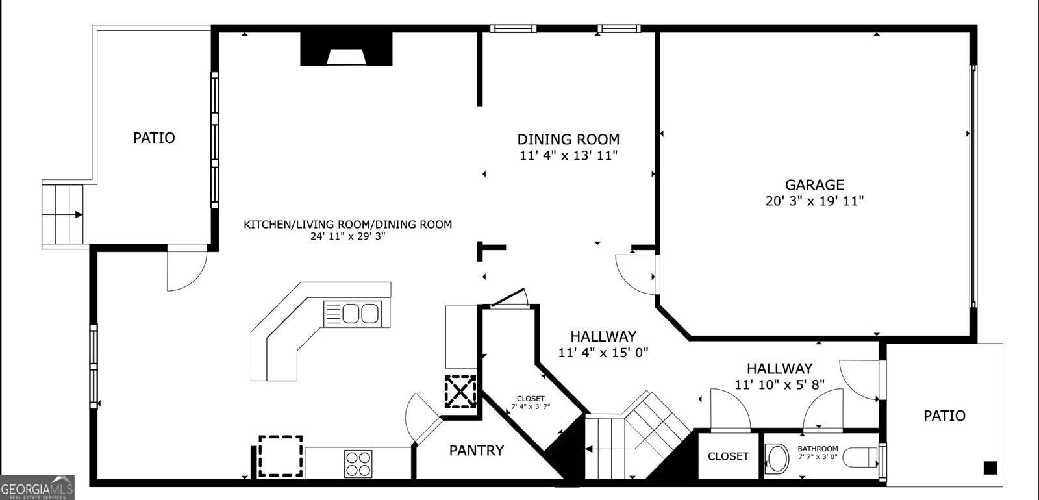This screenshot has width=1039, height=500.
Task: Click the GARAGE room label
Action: point(814,185)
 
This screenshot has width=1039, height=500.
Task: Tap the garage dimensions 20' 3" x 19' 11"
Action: point(814,201)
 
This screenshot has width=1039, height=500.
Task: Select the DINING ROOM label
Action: point(568,139)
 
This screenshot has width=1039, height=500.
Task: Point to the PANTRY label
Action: point(476,450)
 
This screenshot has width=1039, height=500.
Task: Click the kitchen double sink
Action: point(352,314)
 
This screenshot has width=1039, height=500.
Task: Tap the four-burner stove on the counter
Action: point(358,464)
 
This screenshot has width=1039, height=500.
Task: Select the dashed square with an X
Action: point(460,391)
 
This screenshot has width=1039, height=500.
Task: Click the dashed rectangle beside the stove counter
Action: point(281,456)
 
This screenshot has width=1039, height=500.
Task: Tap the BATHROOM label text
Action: point(818,449)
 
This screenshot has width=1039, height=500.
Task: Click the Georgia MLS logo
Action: point(37,488)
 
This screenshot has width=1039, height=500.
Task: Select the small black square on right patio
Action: point(990,468)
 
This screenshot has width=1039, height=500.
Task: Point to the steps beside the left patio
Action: point(64,214)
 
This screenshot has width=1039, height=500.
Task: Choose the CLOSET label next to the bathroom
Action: point(728,456)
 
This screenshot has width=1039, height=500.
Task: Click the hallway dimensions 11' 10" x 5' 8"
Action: point(779,384)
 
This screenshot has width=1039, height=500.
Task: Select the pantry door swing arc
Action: point(421,416)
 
